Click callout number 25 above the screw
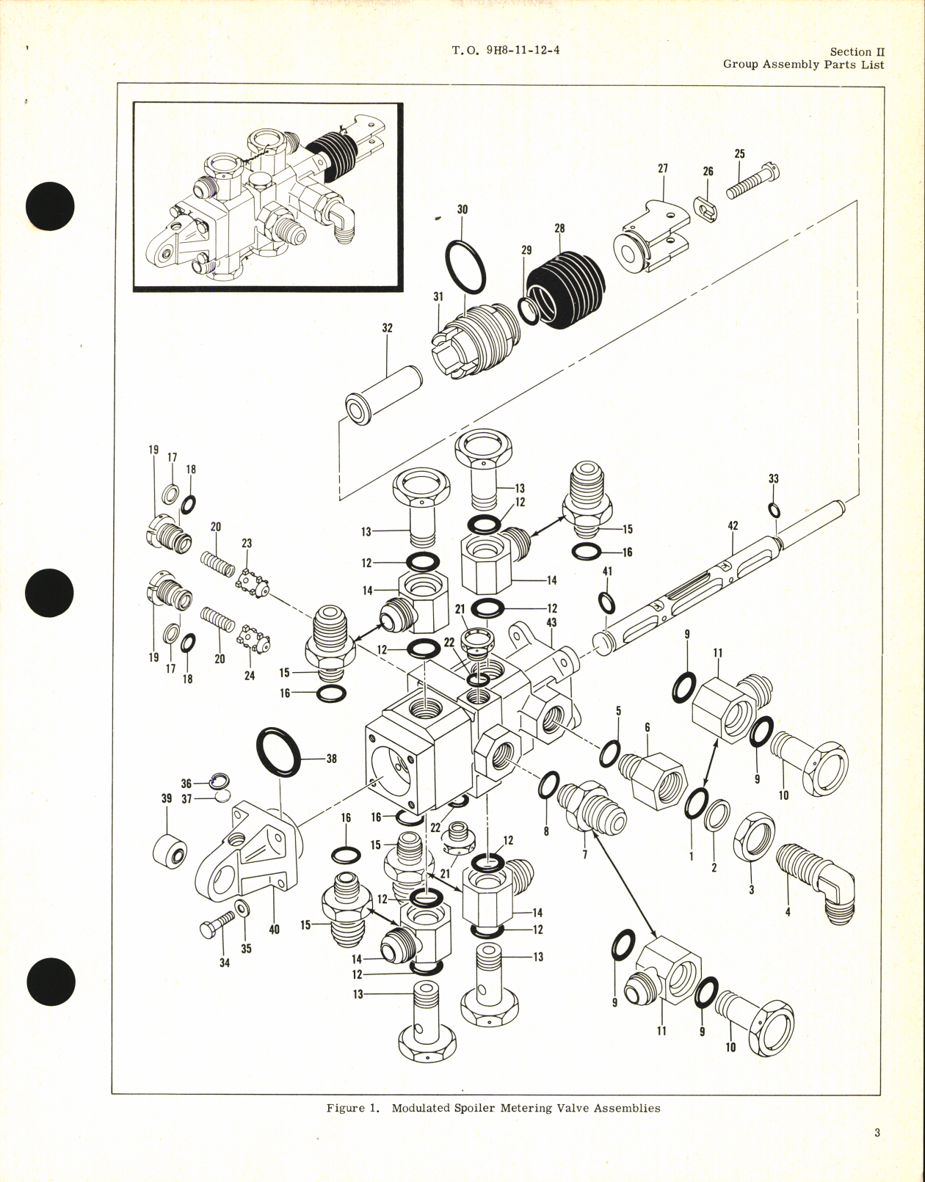tap(739, 154)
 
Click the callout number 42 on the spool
tap(733, 526)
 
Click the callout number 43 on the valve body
tap(551, 622)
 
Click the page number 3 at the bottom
tap(877, 1133)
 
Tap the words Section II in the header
tap(857, 52)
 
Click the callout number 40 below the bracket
tap(274, 930)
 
